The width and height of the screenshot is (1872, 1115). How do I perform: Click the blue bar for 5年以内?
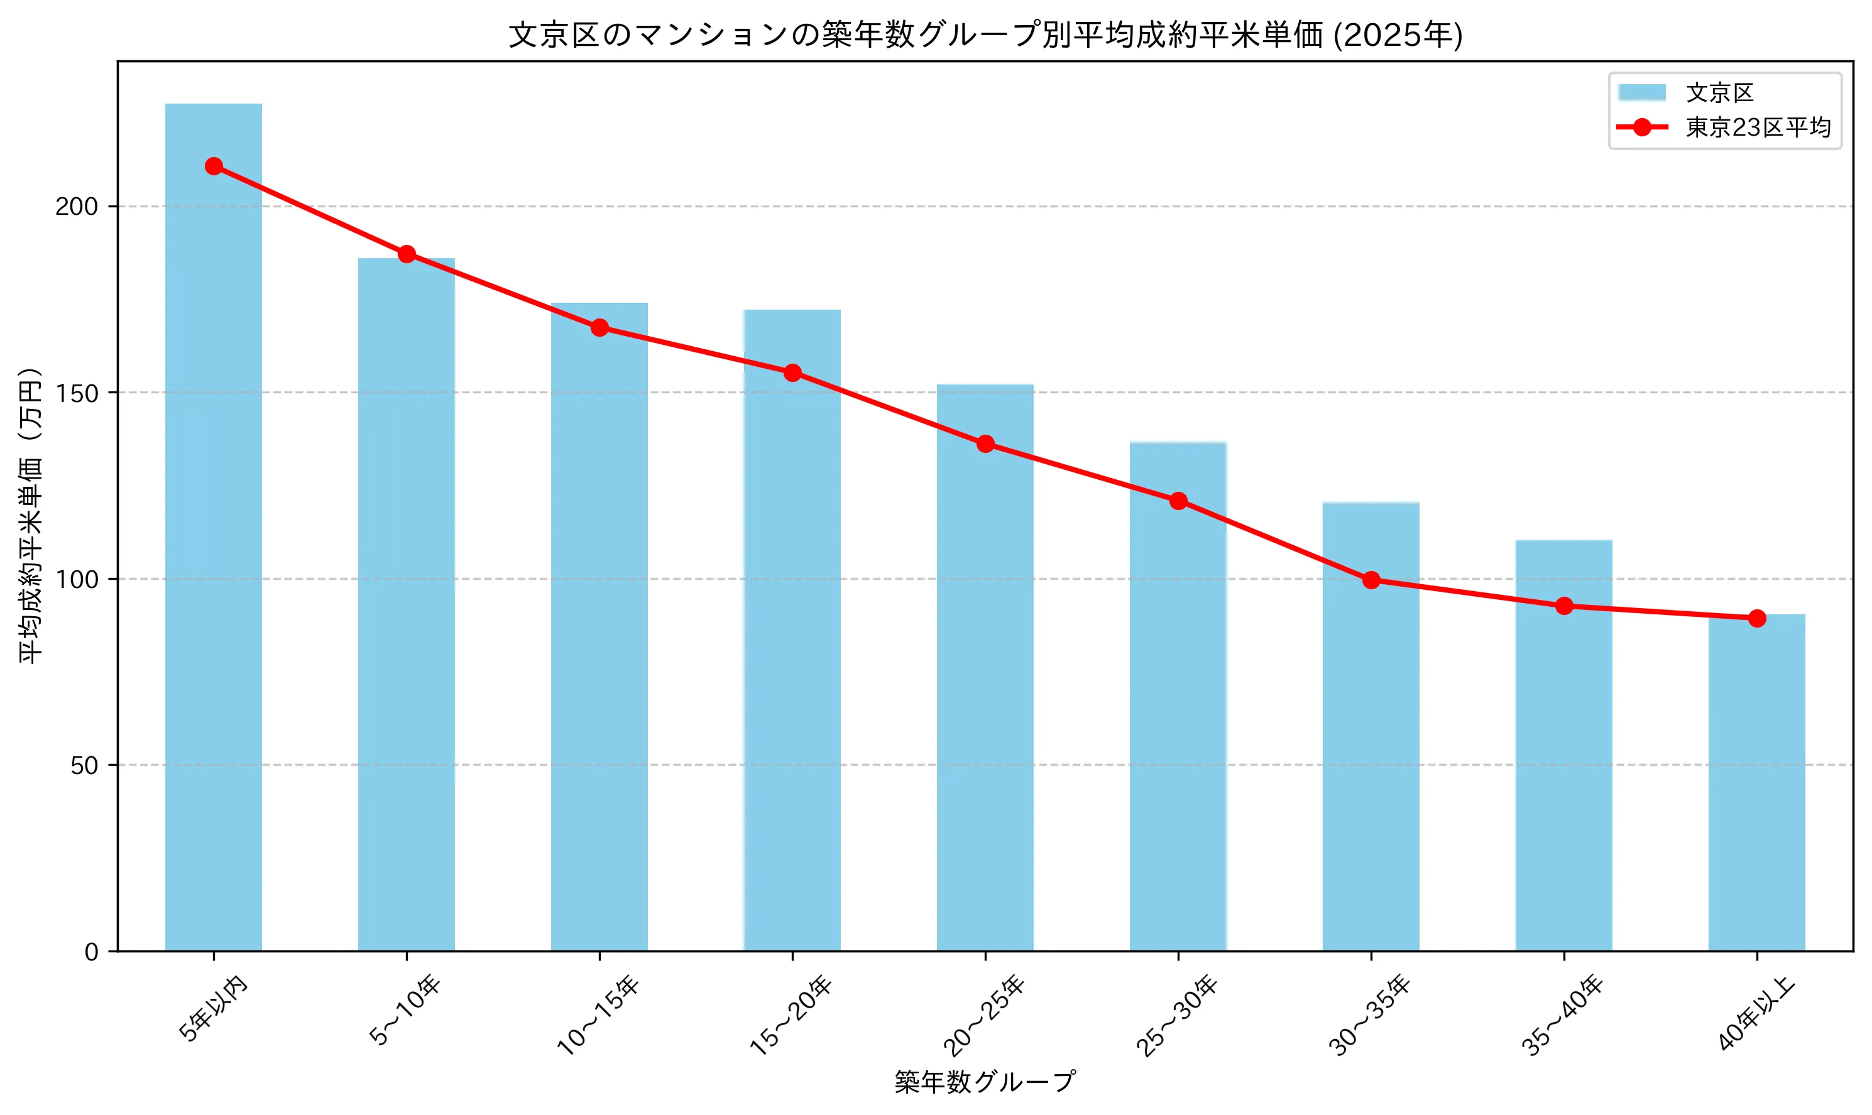click(x=214, y=526)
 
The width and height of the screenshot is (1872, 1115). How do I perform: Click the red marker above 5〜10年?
click(x=407, y=254)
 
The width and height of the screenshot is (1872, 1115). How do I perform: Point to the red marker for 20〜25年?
click(x=985, y=444)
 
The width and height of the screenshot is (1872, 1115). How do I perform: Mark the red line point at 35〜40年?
click(x=1564, y=606)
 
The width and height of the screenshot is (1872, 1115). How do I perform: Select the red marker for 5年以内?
click(x=214, y=166)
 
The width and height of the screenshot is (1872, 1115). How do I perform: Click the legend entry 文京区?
click(x=1719, y=93)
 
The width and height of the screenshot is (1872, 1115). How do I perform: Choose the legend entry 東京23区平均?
click(x=1758, y=128)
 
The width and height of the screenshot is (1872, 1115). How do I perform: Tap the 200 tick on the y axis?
click(x=77, y=207)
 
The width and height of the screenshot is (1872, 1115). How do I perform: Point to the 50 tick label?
click(x=84, y=766)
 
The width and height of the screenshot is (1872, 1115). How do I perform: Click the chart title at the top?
click(x=985, y=35)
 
